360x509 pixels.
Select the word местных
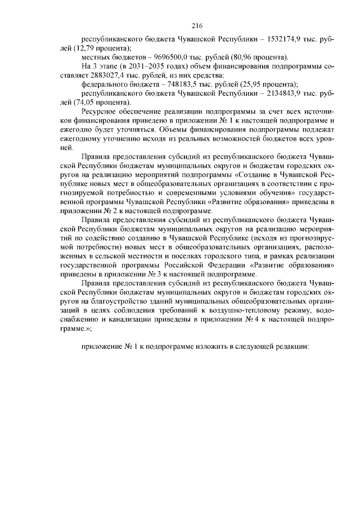pyautogui.click(x=96, y=57)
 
